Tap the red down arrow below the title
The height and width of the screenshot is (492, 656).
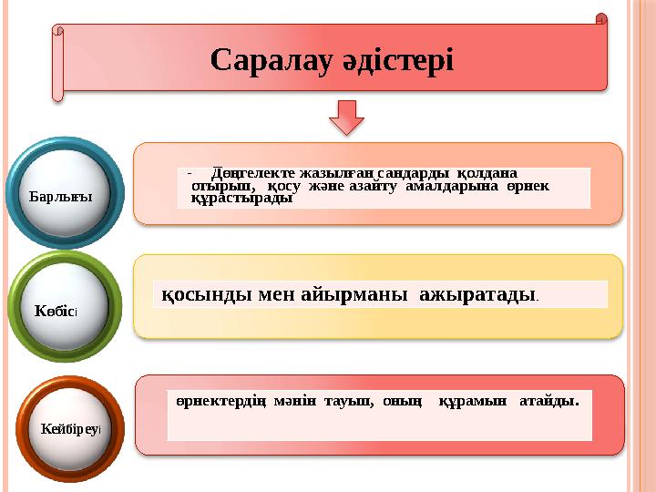[x=345, y=120]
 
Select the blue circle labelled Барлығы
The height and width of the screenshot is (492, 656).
[x=63, y=194]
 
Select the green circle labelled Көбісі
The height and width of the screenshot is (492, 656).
[x=63, y=308]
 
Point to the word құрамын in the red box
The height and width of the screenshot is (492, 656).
[x=473, y=401]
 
